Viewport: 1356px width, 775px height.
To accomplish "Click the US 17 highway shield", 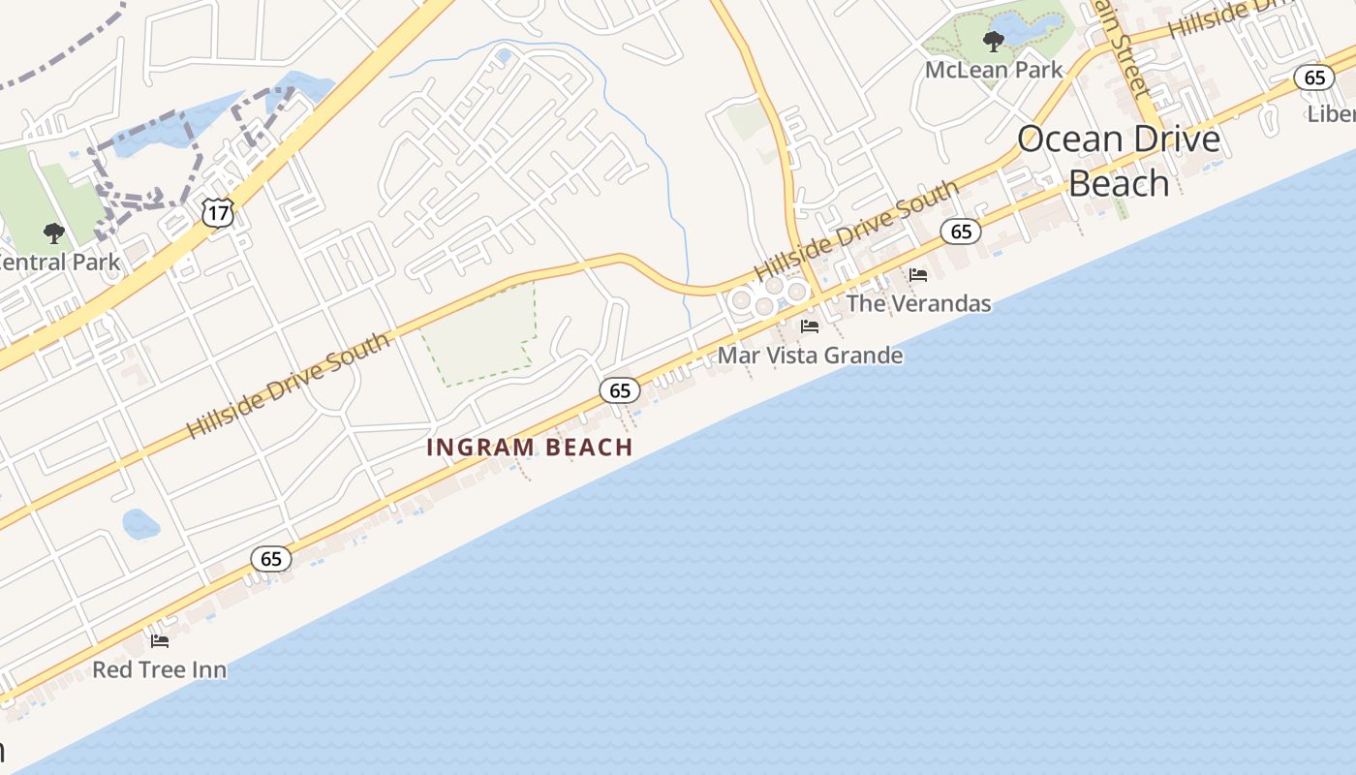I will click(x=219, y=212).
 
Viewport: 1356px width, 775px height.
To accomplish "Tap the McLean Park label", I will click(x=994, y=70).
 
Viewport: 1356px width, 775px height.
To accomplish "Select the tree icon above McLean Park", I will click(x=993, y=41).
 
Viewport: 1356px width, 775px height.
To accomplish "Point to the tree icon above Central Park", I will click(x=54, y=232).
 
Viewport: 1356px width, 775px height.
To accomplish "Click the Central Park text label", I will click(x=58, y=262).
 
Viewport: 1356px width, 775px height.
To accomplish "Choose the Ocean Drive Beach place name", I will click(x=1119, y=160).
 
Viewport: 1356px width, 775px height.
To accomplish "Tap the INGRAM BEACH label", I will click(x=530, y=448).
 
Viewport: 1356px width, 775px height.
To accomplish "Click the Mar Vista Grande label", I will click(x=810, y=356).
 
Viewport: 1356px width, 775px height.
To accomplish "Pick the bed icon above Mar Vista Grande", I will click(x=810, y=326).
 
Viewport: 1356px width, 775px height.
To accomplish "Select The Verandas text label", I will click(x=918, y=303).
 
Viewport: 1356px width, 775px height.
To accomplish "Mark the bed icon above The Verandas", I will click(x=918, y=275).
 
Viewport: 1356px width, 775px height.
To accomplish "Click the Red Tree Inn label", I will click(x=160, y=669).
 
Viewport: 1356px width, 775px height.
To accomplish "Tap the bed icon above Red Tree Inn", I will click(x=160, y=640).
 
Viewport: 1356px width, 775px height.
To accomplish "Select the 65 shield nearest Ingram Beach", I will click(x=620, y=390).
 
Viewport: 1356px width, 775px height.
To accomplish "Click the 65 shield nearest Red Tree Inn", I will click(x=271, y=558).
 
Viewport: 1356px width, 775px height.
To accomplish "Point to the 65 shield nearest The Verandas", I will click(x=961, y=231).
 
